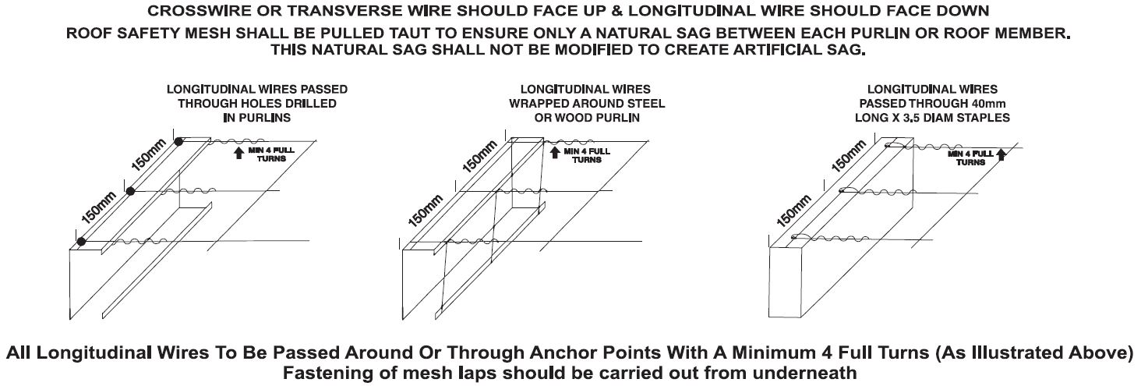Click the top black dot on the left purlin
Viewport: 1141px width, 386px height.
pyautogui.click(x=178, y=142)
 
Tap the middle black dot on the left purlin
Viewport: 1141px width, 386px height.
pyautogui.click(x=130, y=191)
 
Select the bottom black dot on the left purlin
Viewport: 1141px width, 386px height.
pyautogui.click(x=81, y=241)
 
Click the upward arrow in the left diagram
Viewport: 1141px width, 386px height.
pyautogui.click(x=238, y=153)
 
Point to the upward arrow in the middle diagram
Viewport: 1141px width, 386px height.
pyautogui.click(x=555, y=153)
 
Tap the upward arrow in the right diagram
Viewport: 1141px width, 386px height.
pyautogui.click(x=1001, y=154)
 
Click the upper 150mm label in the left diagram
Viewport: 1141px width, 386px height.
pyautogui.click(x=149, y=154)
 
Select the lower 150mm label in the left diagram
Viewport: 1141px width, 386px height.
pyautogui.click(x=99, y=207)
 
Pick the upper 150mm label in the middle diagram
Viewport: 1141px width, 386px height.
pyautogui.click(x=479, y=157)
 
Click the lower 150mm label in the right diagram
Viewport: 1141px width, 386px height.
pyautogui.click(x=793, y=211)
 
